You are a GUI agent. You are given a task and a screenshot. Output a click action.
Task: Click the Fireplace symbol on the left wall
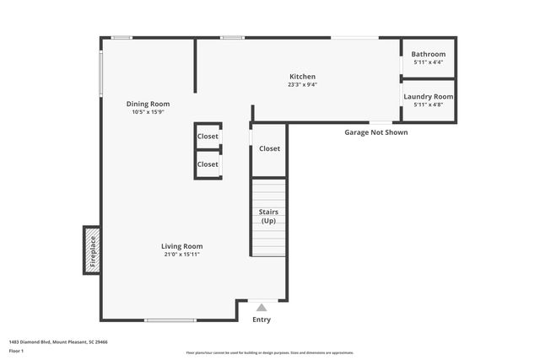pos(92,250)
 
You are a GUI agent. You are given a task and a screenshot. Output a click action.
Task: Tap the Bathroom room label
pos(428,54)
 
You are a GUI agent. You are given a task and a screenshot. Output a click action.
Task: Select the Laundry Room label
pos(428,97)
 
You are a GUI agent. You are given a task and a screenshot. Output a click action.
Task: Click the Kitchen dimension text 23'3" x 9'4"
pos(302,84)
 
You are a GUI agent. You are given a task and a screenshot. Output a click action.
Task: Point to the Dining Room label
pos(148,104)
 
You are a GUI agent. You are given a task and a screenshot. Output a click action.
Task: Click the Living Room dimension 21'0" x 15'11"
pos(182,254)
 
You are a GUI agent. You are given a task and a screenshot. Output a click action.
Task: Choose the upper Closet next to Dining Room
pos(208,136)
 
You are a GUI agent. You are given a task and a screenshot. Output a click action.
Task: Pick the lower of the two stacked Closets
pos(208,164)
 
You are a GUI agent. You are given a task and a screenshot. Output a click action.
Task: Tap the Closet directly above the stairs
pos(269,148)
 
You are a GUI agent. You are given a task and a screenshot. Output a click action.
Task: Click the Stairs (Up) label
pos(268,216)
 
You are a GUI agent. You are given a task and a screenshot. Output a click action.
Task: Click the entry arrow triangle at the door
pos(262,308)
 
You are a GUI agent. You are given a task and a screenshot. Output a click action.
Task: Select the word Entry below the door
pos(262,320)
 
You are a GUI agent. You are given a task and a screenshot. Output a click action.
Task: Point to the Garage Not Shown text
pos(375,132)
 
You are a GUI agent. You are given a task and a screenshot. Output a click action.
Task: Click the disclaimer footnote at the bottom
pos(269,352)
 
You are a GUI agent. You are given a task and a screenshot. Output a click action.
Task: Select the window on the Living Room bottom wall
pos(171,320)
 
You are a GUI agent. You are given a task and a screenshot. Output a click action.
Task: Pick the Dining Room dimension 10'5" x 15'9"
pos(148,112)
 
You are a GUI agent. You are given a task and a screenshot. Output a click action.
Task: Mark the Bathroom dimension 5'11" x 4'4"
pos(428,62)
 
